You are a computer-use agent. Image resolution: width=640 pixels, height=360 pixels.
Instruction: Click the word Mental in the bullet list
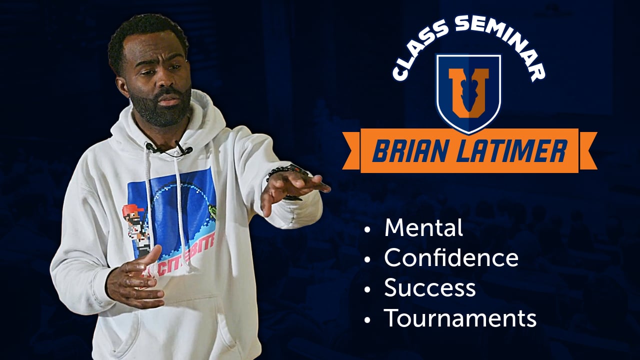[423, 228]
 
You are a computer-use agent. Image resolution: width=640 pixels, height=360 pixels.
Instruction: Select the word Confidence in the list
[451, 258]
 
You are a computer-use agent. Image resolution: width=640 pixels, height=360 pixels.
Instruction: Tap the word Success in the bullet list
[429, 288]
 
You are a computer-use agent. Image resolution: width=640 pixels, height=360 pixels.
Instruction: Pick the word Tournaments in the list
[460, 318]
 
